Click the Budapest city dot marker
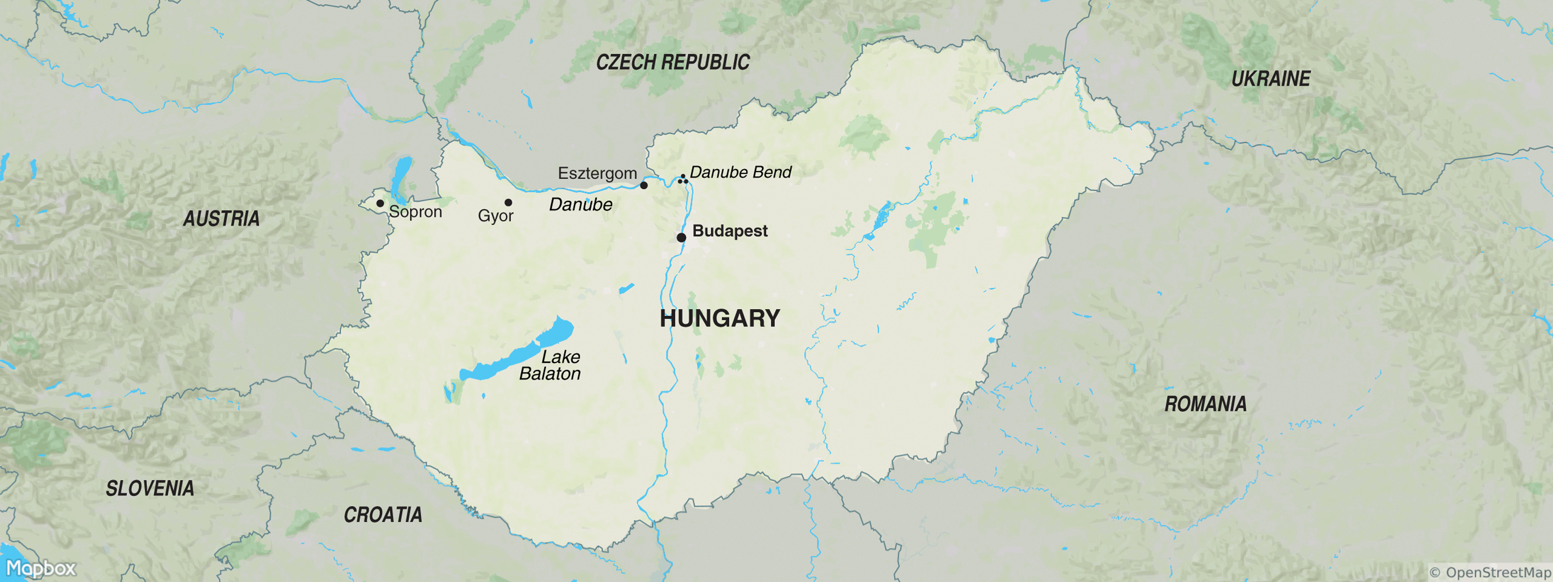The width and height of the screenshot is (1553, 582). click(x=681, y=237)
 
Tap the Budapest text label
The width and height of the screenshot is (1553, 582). click(x=729, y=231)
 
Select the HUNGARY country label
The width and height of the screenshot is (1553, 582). click(x=720, y=318)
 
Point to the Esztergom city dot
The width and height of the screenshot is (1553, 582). click(x=644, y=185)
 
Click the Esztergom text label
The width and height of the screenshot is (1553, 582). click(x=597, y=174)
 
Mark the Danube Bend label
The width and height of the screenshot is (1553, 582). click(x=740, y=172)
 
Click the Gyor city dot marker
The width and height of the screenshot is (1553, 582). click(x=508, y=202)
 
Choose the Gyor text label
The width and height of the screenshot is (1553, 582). click(x=496, y=216)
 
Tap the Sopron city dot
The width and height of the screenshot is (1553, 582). click(x=380, y=203)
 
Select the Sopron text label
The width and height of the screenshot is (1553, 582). click(x=415, y=212)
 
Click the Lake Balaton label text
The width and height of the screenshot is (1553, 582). click(x=550, y=365)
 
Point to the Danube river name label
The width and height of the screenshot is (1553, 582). click(x=580, y=205)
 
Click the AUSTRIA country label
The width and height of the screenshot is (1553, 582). click(x=221, y=218)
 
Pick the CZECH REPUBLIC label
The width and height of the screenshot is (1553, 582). click(x=673, y=62)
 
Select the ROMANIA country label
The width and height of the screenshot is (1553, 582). click(x=1205, y=404)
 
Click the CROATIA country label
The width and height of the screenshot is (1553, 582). click(x=383, y=515)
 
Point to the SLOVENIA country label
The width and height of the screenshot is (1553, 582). click(x=149, y=488)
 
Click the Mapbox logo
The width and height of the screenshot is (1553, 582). click(x=40, y=568)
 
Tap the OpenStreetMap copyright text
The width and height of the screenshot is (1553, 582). click(x=1490, y=572)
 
